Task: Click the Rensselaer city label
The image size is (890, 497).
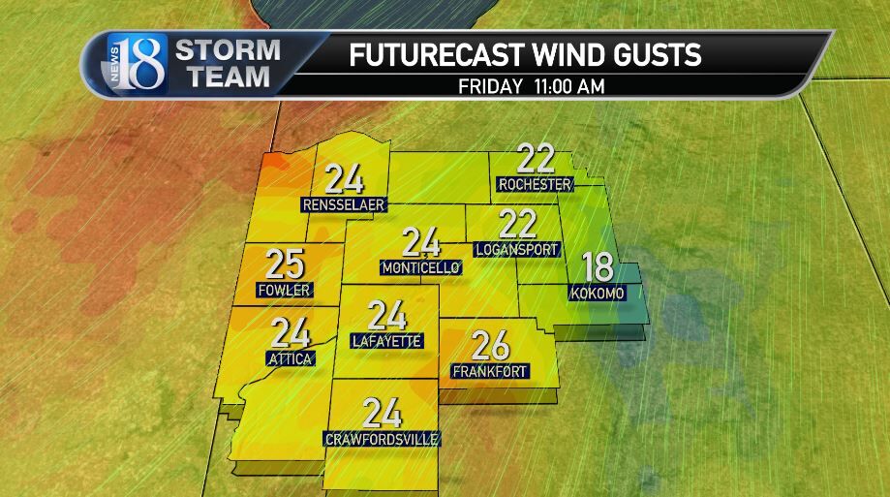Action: (x=344, y=205)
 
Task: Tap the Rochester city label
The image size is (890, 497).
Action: (x=535, y=184)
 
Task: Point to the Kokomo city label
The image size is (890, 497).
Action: (x=594, y=294)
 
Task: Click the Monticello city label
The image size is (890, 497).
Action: (x=420, y=268)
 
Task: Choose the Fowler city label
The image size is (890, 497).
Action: (x=284, y=291)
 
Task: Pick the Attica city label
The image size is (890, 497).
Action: (x=289, y=358)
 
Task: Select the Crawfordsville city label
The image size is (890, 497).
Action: (x=383, y=440)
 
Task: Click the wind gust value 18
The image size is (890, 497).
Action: (x=597, y=267)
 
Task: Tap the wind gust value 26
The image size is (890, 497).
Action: (x=489, y=345)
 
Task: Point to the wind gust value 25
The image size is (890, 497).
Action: (x=286, y=264)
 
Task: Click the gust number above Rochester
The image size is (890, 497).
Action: (x=535, y=158)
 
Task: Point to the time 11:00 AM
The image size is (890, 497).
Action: (x=570, y=86)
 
